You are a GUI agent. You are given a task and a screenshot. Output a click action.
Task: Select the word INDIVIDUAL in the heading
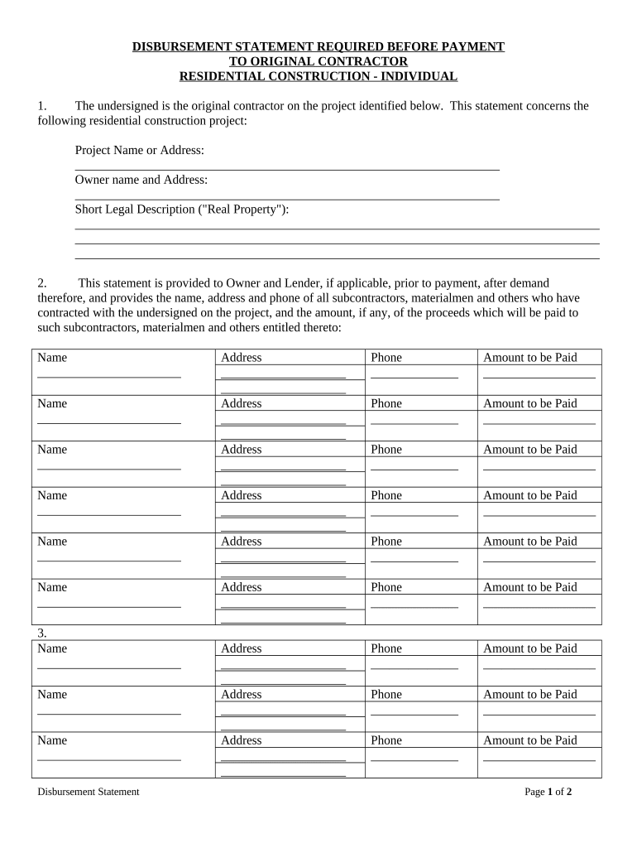(x=419, y=77)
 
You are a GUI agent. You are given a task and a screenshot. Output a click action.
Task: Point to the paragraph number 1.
(x=41, y=106)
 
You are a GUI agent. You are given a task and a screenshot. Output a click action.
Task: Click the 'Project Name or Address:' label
(x=140, y=150)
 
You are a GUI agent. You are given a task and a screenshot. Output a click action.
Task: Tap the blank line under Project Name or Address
(x=287, y=169)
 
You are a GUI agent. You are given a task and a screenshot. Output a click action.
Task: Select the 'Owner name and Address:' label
(x=141, y=180)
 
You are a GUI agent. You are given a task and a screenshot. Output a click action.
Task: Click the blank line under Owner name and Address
(x=287, y=199)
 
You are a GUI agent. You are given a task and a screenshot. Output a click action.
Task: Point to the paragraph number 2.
(x=41, y=283)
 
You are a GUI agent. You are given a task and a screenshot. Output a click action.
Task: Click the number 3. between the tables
(x=42, y=634)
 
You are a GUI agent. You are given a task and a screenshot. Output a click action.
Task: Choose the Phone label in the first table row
(x=386, y=358)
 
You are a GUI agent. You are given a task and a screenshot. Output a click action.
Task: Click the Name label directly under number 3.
(x=52, y=648)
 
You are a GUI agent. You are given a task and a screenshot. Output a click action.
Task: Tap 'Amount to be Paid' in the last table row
(x=530, y=740)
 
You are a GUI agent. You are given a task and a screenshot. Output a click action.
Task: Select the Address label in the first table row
(x=242, y=358)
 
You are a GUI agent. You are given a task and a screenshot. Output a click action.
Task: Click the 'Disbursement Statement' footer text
(x=89, y=792)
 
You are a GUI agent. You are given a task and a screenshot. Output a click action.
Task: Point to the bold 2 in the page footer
(x=569, y=792)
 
